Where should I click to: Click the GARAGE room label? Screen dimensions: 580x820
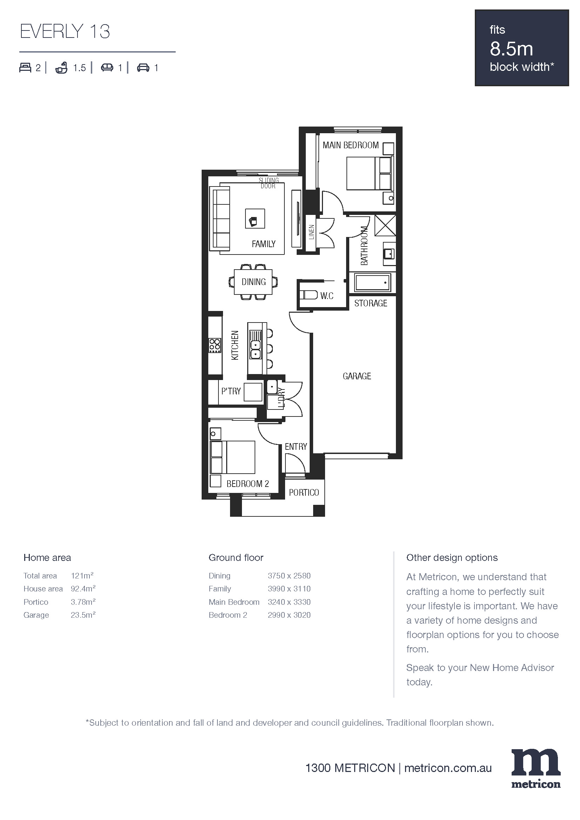[x=357, y=376]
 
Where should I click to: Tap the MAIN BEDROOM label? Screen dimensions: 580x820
[x=350, y=145]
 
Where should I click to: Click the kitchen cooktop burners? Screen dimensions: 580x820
[x=215, y=346]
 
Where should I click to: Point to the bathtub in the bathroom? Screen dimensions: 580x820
[x=372, y=283]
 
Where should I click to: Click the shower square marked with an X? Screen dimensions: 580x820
[x=385, y=225]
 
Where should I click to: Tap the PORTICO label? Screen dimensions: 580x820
[x=304, y=493]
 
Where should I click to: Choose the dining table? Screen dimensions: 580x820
[x=253, y=282]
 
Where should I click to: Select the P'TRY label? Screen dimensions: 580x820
[x=231, y=391]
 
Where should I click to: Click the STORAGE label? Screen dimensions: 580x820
[x=371, y=303]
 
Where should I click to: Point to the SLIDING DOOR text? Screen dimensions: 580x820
[x=269, y=183]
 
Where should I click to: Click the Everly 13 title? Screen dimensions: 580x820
[x=65, y=32]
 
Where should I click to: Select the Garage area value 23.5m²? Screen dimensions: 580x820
[x=83, y=615]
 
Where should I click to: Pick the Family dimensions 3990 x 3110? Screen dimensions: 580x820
[x=289, y=589]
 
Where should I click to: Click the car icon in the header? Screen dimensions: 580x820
[x=143, y=68]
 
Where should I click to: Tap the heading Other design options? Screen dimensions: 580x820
[x=452, y=557]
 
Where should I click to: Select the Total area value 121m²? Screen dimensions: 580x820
[x=82, y=575]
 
